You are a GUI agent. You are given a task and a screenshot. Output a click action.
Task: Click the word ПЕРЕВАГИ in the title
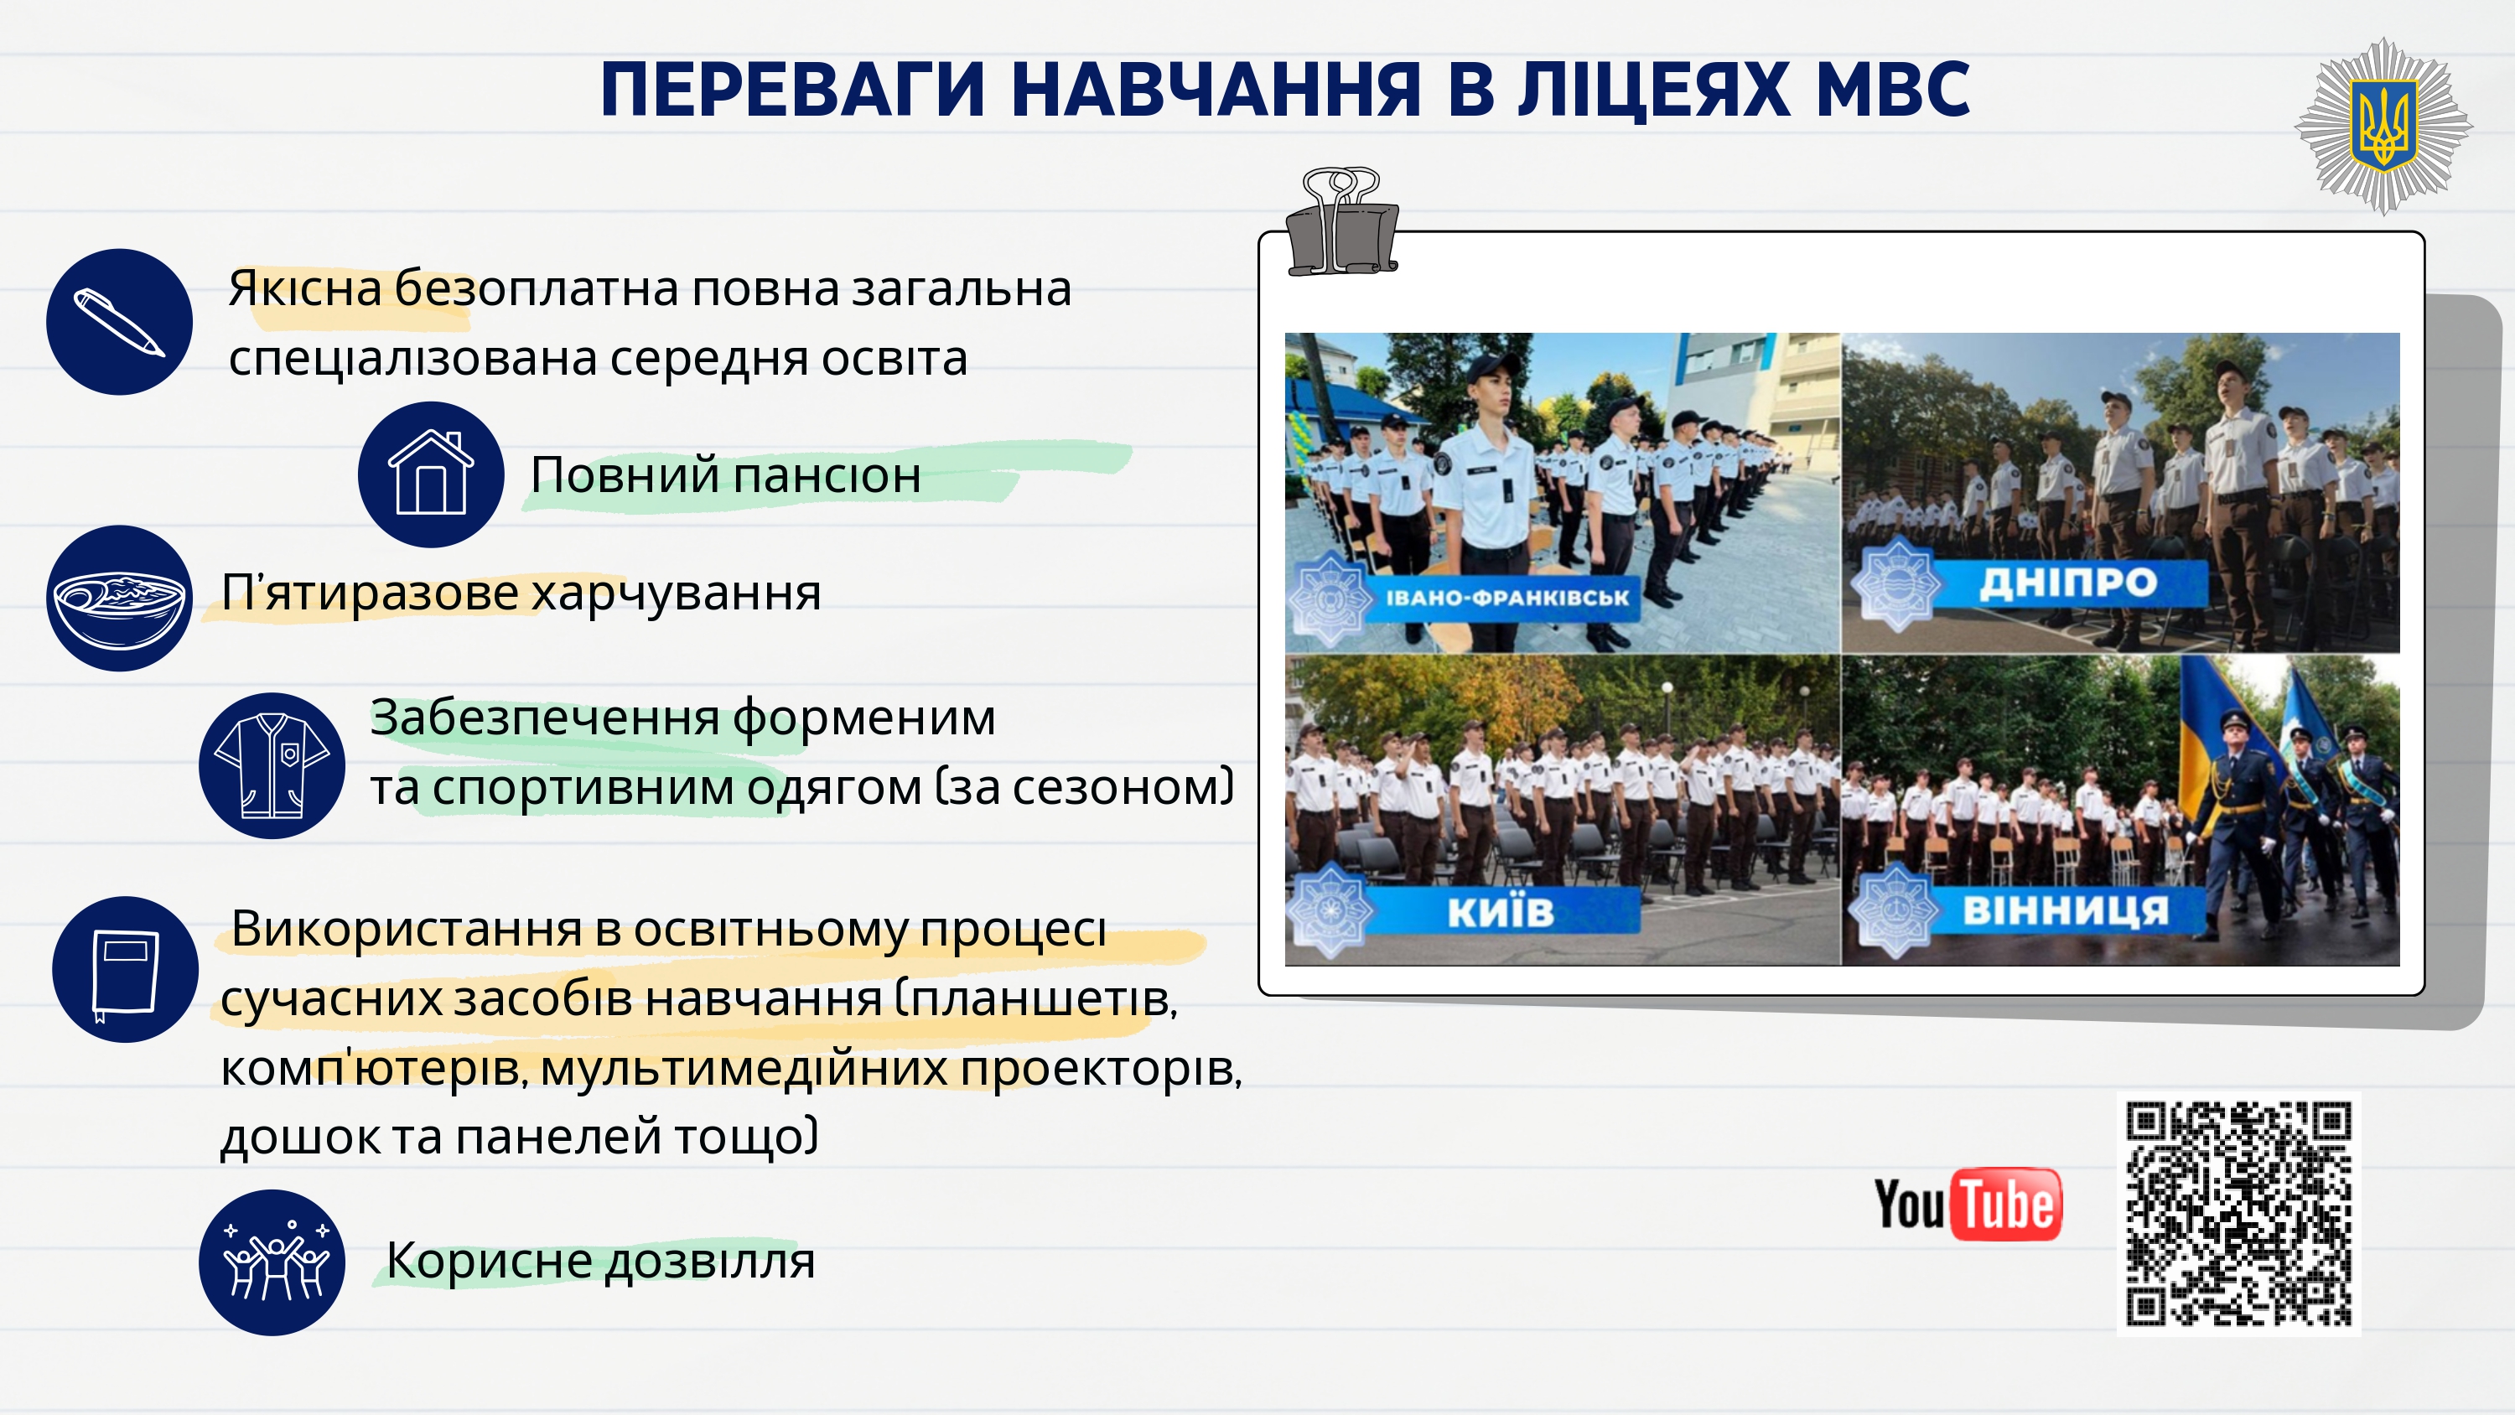click(791, 90)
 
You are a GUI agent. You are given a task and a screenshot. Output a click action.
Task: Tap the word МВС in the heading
click(1892, 90)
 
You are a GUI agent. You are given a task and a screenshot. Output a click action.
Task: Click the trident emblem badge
click(2383, 126)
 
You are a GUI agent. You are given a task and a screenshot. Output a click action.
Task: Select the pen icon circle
click(119, 321)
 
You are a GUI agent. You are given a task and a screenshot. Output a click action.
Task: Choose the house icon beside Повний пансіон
click(431, 474)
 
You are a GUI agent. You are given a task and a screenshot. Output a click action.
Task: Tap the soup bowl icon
click(119, 598)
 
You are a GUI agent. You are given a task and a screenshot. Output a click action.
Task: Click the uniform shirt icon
click(272, 765)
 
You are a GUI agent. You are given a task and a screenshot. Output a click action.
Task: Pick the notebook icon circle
click(125, 970)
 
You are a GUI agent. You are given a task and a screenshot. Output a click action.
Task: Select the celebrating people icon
click(272, 1262)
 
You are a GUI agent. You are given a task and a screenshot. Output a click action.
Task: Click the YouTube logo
click(1968, 1204)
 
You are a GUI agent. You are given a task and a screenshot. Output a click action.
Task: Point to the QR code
click(2238, 1214)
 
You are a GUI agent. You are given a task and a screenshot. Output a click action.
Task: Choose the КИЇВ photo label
click(1501, 911)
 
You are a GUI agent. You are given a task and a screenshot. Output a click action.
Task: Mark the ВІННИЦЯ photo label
click(2066, 910)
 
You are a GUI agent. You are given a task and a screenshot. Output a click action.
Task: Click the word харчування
click(677, 593)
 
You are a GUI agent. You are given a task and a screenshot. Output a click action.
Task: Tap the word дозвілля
click(710, 1261)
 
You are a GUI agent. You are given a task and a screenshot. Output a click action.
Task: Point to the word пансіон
click(826, 475)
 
